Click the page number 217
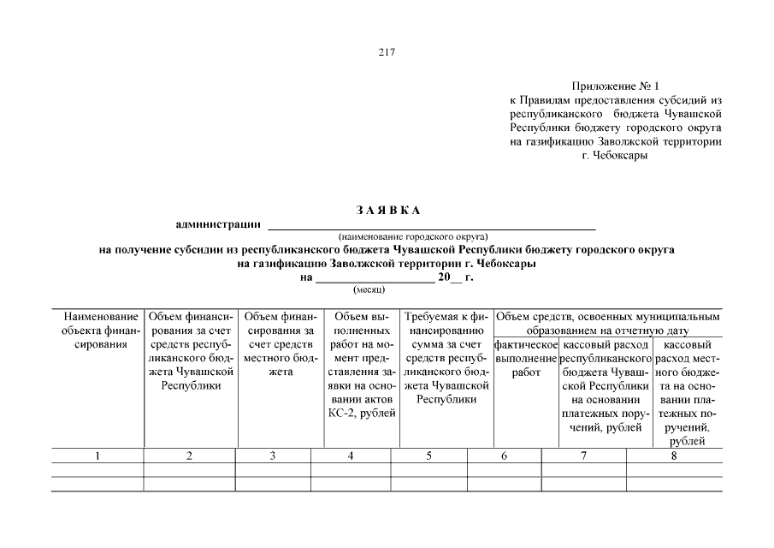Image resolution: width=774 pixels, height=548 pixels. coord(387,51)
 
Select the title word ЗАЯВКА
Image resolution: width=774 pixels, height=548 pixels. coord(387,211)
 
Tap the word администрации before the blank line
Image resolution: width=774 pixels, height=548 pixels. coord(218,224)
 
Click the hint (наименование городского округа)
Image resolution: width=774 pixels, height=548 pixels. coord(412,235)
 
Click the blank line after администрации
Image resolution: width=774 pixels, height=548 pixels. coord(432,226)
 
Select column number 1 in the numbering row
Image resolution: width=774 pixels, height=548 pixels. coord(97,456)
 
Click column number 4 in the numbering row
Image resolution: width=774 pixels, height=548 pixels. coord(351,456)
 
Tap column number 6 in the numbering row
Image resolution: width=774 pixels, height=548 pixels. coord(504,456)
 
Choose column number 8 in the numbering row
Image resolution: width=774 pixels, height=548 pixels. coord(674,456)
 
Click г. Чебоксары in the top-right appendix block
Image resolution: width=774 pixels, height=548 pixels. coord(614,155)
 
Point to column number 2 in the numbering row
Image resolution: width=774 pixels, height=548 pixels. coord(189,456)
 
